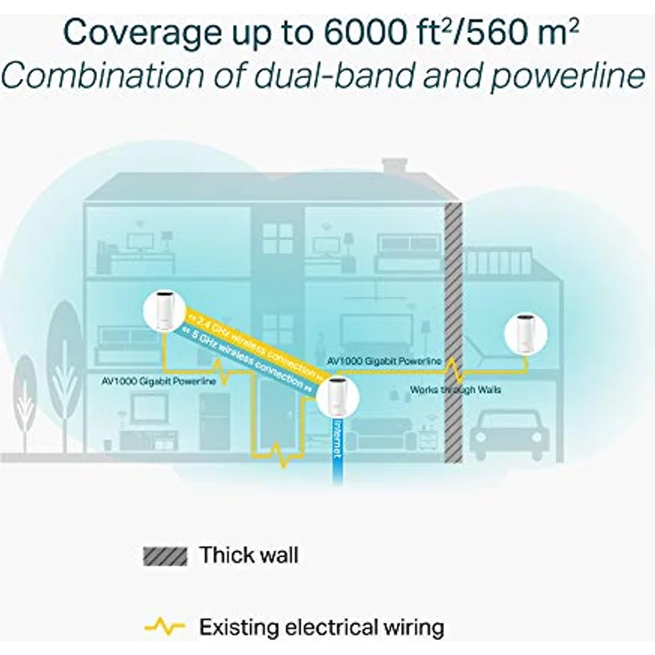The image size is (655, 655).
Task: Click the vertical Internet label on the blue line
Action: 336,439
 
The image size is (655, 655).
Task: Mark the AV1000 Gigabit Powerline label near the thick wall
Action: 384,361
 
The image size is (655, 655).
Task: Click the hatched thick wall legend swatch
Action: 165,556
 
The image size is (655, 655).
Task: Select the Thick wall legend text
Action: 248,556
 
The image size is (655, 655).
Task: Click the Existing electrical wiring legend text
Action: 321,627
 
